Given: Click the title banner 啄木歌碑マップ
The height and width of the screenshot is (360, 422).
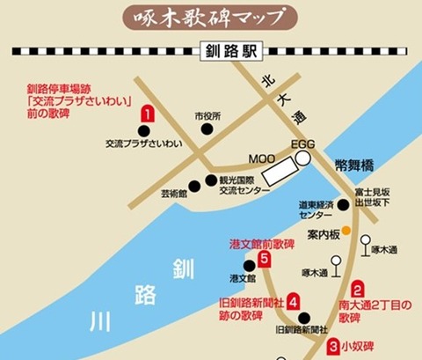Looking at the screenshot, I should click(211, 17).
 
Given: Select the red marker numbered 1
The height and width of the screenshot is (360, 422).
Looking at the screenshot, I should click(149, 114).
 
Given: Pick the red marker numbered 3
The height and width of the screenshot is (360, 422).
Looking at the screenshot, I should click(334, 346).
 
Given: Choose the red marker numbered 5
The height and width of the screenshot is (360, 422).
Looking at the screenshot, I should click(265, 259).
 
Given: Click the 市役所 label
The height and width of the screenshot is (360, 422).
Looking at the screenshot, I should click(207, 115).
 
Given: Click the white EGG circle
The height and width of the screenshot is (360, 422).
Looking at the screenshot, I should click(302, 158).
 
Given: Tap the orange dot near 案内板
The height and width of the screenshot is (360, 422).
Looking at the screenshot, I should click(346, 231).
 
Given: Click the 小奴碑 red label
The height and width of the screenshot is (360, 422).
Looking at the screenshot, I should click(360, 346).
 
